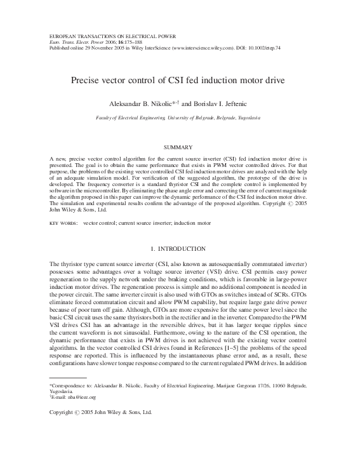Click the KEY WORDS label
pos(62,224)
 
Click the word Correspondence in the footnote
pos(72,385)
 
